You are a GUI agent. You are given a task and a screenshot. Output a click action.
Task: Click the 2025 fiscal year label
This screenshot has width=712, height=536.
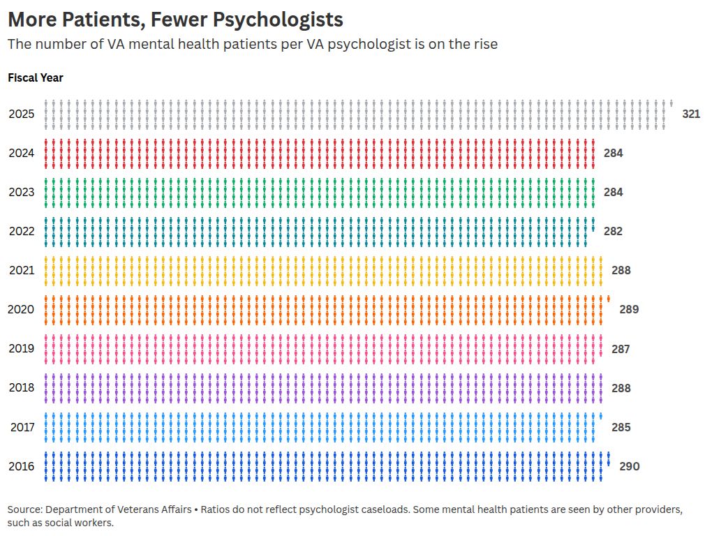pos(21,114)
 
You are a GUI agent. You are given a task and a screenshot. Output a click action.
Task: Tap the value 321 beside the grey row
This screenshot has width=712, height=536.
pos(690,114)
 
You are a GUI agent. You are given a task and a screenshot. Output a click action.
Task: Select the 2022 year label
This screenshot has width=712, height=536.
pos(21,231)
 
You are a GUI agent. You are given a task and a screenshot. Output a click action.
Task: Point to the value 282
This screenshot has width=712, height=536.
pos(613,231)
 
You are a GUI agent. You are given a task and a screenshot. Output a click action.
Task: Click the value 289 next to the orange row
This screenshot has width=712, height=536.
pos(628,309)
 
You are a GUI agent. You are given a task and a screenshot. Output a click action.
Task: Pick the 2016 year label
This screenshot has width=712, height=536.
pos(21,466)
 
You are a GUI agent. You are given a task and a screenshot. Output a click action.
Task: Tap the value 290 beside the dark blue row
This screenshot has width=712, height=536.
pos(629,466)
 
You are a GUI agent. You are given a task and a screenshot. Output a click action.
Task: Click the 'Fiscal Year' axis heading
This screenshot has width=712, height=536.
pos(36,77)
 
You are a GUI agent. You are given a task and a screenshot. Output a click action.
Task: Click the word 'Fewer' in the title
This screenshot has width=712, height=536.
pos(170,19)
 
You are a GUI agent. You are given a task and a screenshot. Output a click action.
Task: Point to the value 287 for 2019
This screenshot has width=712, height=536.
pos(621,348)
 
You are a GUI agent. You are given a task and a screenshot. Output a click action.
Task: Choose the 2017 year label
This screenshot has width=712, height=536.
pos(22,427)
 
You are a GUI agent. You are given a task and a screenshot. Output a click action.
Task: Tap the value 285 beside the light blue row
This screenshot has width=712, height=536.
pos(621,427)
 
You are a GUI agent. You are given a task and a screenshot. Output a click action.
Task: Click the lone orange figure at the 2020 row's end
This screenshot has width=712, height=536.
pos(609,299)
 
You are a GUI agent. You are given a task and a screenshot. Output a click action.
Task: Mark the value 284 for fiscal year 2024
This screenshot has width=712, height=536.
pos(613,153)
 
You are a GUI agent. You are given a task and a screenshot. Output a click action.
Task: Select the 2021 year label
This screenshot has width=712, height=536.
pos(21,270)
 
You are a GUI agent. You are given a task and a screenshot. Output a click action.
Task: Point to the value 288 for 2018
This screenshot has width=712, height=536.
pos(621,388)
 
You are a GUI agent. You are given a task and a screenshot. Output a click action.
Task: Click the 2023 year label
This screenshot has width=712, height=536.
pos(21,192)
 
